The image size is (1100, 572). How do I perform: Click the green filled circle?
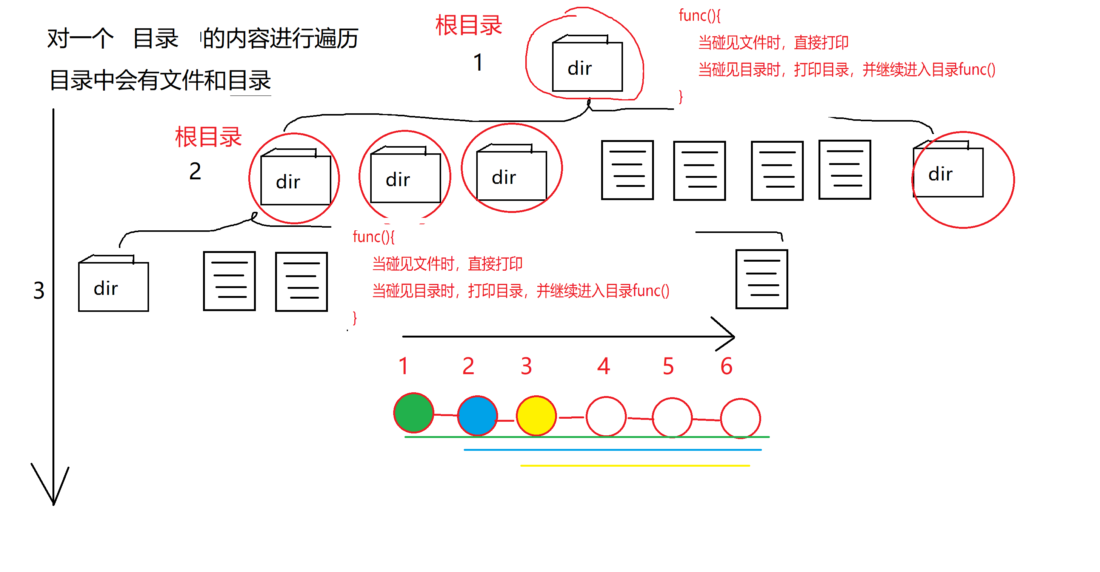[413, 413]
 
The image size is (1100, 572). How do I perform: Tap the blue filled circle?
[477, 415]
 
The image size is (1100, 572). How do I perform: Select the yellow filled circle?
[536, 415]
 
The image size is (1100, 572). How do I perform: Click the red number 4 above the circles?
[603, 366]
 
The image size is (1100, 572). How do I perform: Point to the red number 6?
[726, 366]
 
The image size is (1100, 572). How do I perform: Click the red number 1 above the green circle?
[403, 366]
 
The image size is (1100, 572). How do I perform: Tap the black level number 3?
[39, 290]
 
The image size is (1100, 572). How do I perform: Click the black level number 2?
[195, 171]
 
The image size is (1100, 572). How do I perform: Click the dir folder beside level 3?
[113, 284]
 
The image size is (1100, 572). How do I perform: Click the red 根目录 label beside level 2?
[208, 137]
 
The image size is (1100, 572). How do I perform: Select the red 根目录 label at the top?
[468, 25]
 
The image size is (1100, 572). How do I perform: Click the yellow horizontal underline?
[635, 465]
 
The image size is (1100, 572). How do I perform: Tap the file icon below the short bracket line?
[762, 279]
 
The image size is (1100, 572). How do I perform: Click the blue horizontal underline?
[612, 449]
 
